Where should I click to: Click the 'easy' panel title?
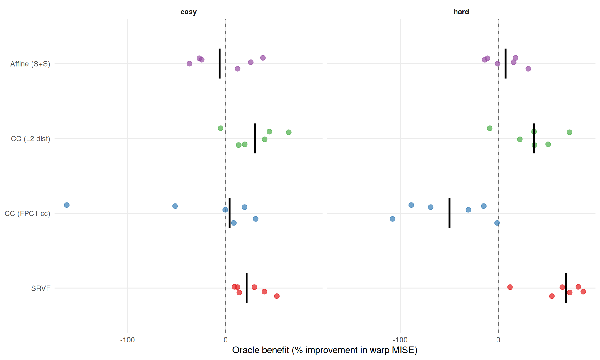click(x=188, y=12)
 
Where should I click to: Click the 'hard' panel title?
click(x=461, y=12)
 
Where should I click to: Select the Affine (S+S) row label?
click(x=30, y=64)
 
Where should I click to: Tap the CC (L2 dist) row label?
click(x=30, y=138)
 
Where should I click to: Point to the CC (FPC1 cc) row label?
click(x=27, y=213)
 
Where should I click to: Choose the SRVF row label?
click(x=41, y=288)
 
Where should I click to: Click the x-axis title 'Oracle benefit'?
click(x=325, y=350)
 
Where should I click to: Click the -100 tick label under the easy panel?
click(x=127, y=340)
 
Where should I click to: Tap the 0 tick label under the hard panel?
click(x=498, y=340)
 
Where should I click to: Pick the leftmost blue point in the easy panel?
click(x=67, y=205)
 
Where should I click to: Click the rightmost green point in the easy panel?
click(x=288, y=132)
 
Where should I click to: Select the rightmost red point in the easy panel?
click(x=277, y=296)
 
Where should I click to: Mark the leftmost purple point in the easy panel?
click(x=189, y=63)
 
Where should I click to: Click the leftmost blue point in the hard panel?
click(x=392, y=219)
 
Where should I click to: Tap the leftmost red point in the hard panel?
click(x=510, y=287)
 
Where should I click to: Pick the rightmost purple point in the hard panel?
click(x=528, y=68)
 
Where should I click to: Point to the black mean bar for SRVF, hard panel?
click(x=566, y=288)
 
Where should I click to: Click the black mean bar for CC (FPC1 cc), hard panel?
click(x=449, y=213)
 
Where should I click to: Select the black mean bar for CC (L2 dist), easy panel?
click(x=255, y=138)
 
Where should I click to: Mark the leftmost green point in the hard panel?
click(x=490, y=128)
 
